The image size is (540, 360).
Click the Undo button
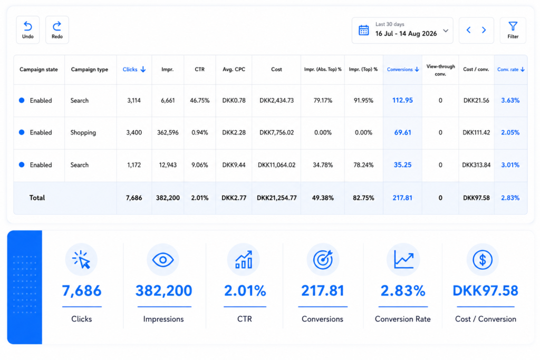pos(28,30)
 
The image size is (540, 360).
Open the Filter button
pos(513,30)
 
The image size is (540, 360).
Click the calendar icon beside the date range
pos(364,30)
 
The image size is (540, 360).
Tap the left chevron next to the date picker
pos(468,30)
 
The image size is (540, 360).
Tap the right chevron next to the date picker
pos(484,30)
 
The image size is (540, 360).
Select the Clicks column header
pos(134,70)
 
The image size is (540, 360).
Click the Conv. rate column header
pos(510,70)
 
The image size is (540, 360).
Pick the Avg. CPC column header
pos(234,70)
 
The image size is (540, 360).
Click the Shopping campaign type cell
pos(83,132)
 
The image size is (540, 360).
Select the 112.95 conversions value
pos(402,100)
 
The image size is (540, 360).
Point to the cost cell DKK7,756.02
pos(276,132)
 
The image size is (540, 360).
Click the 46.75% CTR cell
pos(200,101)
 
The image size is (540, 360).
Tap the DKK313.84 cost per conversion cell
pos(476,165)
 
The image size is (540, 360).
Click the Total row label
pos(37,198)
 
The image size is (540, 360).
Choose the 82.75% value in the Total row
pos(363,198)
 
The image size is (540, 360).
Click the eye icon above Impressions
pos(163,259)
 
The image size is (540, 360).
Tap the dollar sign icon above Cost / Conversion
pos(482,259)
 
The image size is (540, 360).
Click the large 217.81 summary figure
pos(323,291)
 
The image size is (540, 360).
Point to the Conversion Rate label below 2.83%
pos(402,319)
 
